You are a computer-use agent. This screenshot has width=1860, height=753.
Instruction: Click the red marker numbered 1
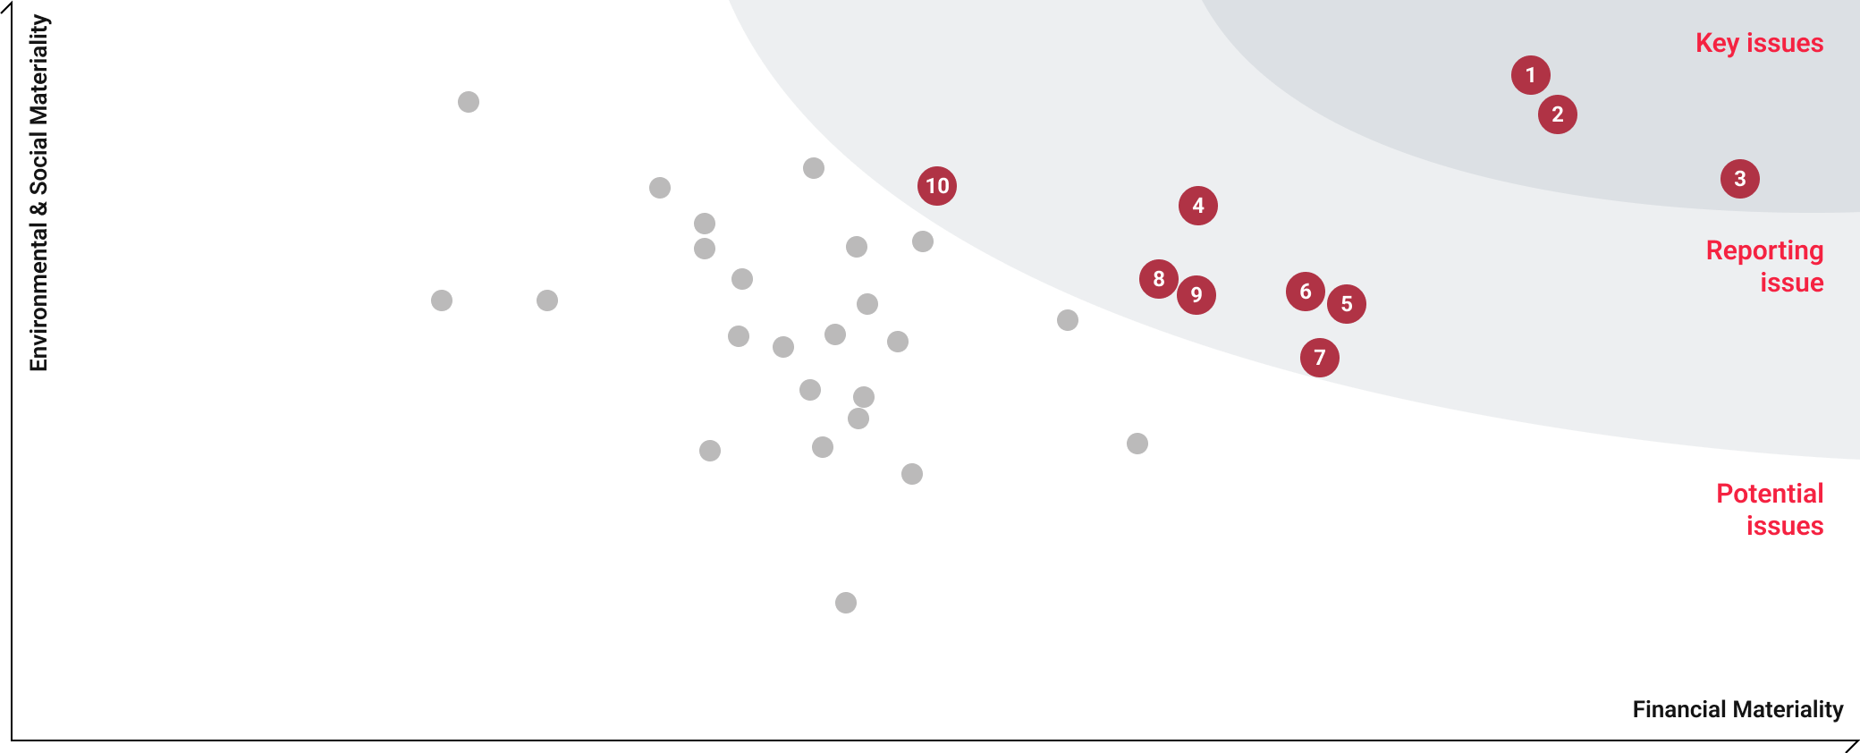point(1531,75)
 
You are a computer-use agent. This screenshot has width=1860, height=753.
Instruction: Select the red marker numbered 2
point(1558,114)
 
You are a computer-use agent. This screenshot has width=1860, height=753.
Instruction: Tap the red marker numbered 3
point(1740,179)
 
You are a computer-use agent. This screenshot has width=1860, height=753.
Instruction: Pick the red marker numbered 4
point(1198,206)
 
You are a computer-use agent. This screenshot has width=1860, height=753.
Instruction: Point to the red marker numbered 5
point(1347,304)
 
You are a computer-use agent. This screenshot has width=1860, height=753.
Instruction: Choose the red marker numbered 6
point(1306,292)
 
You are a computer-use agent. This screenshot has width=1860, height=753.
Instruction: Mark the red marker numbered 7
point(1320,358)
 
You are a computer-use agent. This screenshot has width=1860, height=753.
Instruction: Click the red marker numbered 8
point(1159,279)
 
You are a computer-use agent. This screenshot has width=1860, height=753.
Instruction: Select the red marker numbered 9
point(1196,295)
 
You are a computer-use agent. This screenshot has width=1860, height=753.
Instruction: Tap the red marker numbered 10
point(937,186)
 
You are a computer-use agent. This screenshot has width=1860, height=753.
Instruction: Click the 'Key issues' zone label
point(1759,43)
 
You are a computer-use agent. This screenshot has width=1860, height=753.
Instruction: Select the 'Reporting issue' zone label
point(1764,267)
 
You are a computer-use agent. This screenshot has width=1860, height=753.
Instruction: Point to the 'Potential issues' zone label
point(1770,510)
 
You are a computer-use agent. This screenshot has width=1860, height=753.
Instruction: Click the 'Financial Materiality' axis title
point(1737,709)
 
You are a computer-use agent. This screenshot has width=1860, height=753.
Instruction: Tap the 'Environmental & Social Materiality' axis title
point(38,193)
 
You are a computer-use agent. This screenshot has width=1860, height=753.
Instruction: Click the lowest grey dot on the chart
point(846,603)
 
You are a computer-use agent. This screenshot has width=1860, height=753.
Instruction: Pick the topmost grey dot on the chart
point(469,102)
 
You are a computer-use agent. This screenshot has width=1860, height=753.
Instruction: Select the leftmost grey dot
point(442,300)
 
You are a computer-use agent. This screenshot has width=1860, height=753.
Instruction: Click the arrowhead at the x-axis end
point(1853,745)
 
